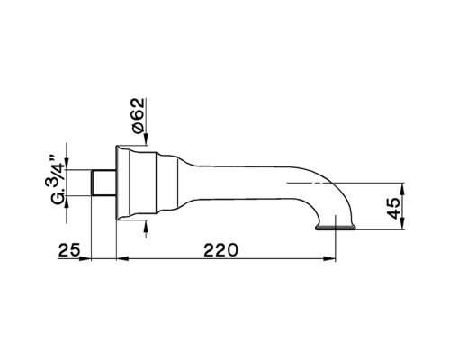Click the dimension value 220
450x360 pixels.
tap(220, 250)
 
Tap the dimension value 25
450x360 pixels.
tap(69, 250)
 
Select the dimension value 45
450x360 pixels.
tap(393, 208)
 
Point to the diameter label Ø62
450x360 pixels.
tap(138, 116)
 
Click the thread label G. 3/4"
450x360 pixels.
tap(57, 180)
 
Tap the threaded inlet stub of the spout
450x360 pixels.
tap(103, 183)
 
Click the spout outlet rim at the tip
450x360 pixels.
tap(336, 228)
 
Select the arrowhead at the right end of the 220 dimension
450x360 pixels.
tap(329, 258)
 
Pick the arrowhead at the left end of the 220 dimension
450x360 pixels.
tap(122, 258)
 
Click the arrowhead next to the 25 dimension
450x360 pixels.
tap(85, 258)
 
